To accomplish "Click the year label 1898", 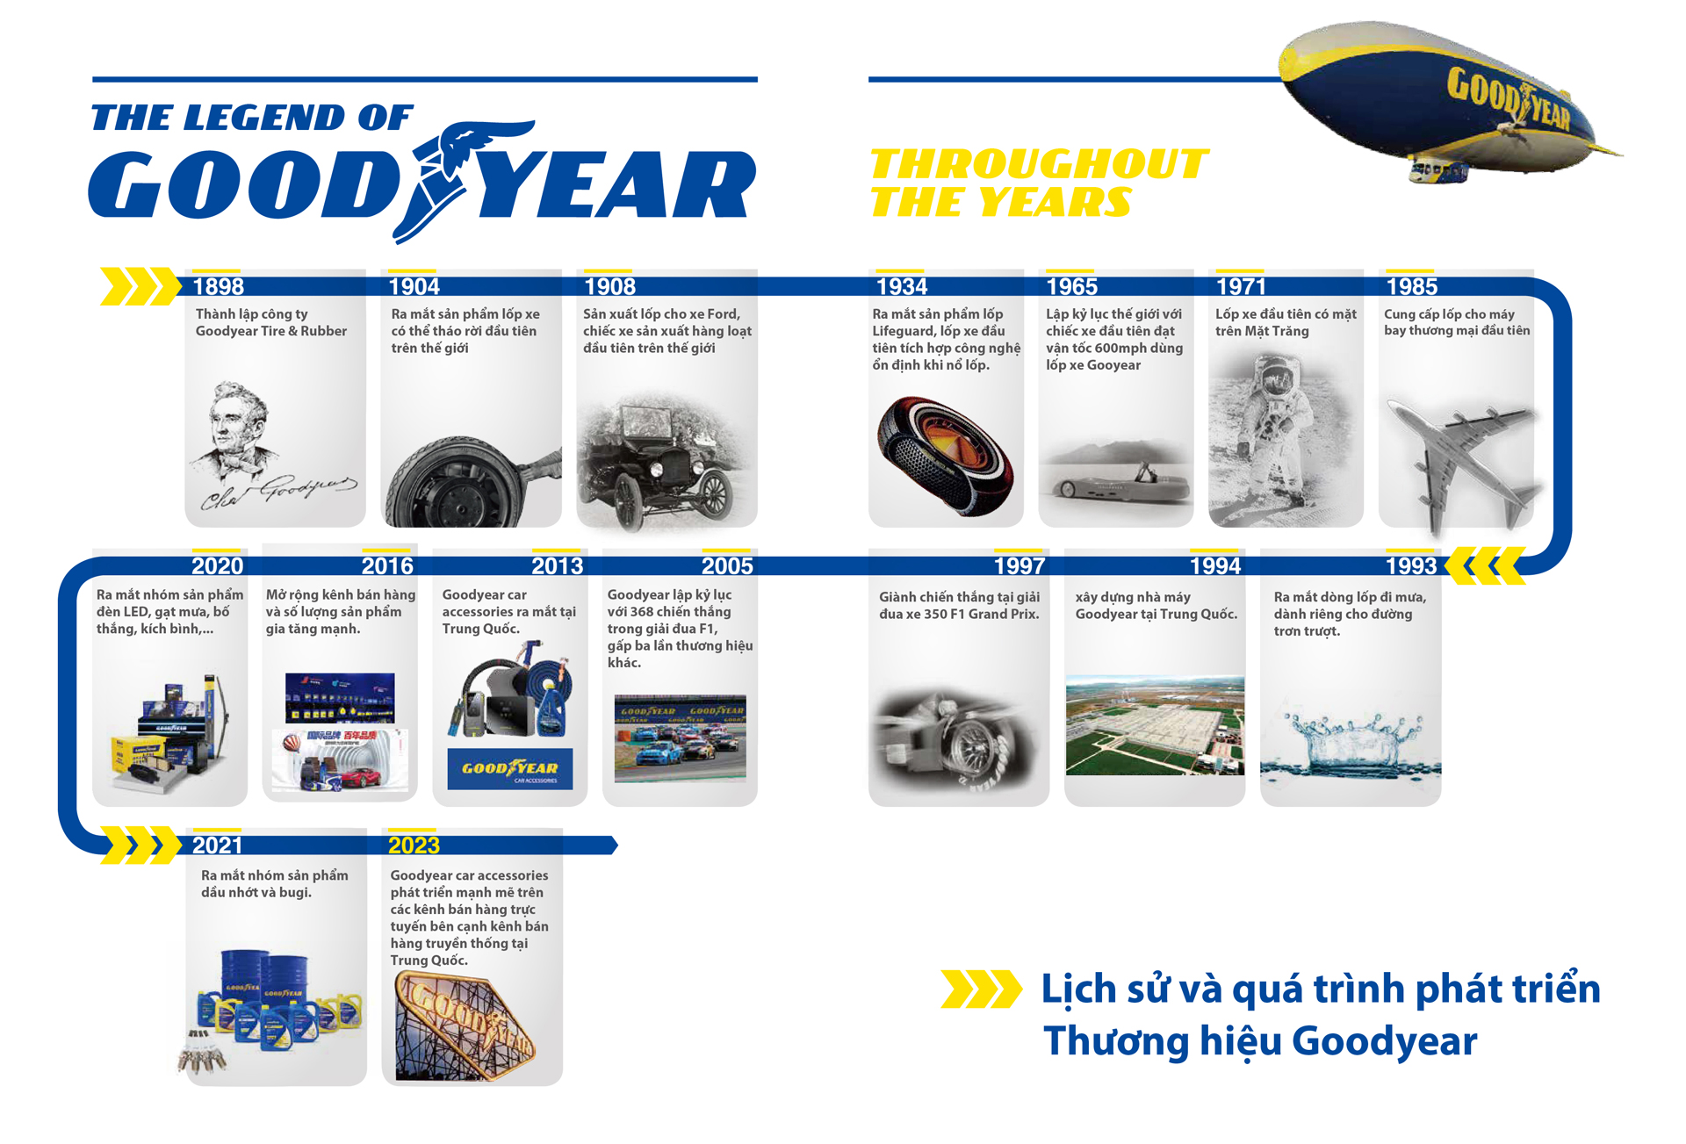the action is pos(218,287).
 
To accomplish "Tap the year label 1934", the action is pos(902,287).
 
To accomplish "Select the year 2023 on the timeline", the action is pos(414,845).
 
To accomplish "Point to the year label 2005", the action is pos(727,566).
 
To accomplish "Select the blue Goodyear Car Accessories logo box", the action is pos(510,770).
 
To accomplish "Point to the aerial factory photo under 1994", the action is pos(1155,725).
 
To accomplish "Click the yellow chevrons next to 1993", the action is pos(1485,565).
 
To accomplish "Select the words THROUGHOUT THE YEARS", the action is pos(1039,183).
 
